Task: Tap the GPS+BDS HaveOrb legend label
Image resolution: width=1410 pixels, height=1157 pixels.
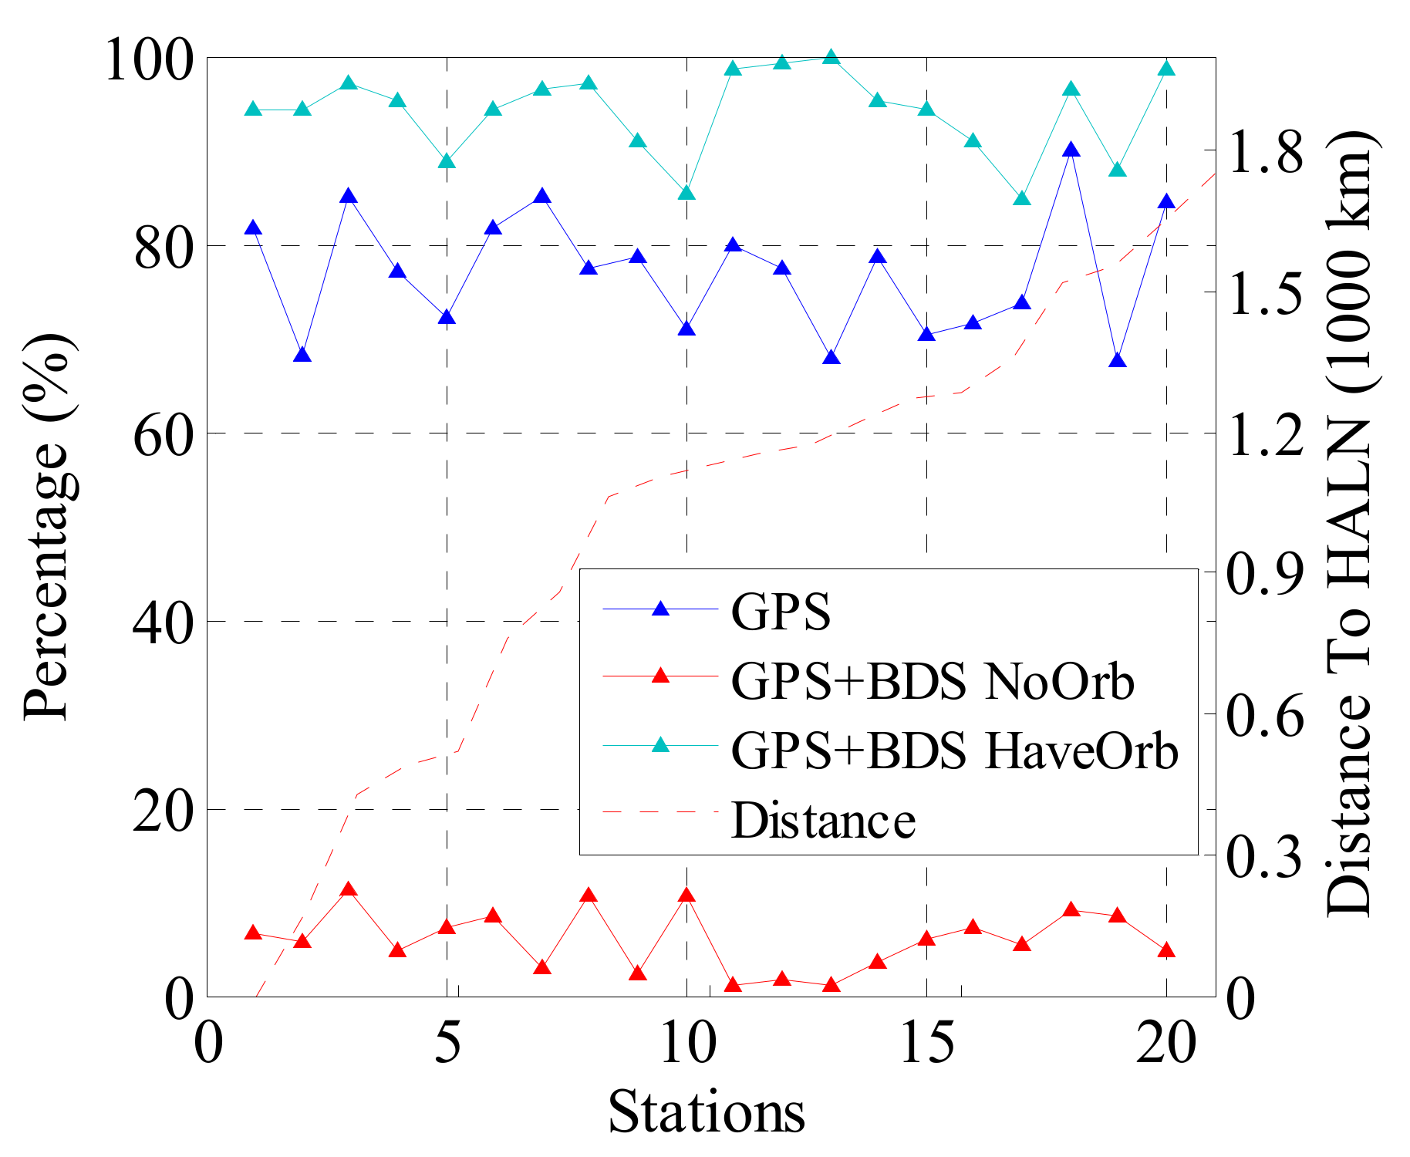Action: click(x=954, y=751)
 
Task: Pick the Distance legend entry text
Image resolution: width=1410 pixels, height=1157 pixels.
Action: click(x=823, y=820)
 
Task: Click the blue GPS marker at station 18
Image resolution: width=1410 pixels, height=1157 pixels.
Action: click(x=1071, y=150)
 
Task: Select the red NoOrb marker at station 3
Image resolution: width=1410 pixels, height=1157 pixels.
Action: click(x=349, y=889)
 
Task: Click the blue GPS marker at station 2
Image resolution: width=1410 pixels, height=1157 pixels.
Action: click(x=302, y=355)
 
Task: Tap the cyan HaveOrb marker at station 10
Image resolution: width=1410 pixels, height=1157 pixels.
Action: click(x=686, y=193)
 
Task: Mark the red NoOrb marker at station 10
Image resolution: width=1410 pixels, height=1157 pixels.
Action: click(x=686, y=896)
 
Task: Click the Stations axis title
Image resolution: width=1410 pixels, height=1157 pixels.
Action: click(x=706, y=1112)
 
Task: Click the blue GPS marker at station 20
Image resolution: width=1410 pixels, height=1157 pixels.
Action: click(x=1166, y=202)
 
